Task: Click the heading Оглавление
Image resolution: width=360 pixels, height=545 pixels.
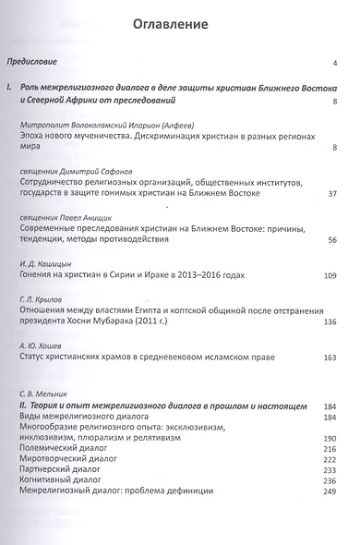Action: click(180, 23)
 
